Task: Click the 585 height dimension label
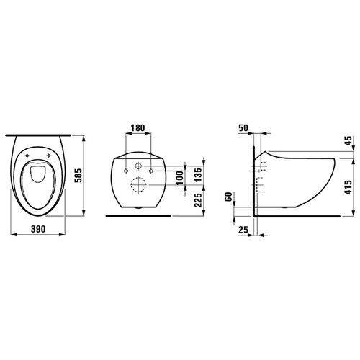[79, 176]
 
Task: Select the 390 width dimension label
[38, 229]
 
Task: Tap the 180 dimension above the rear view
[138, 127]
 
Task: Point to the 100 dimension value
[180, 178]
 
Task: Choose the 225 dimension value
[198, 200]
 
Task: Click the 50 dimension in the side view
[243, 128]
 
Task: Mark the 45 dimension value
[348, 140]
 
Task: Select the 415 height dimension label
[348, 187]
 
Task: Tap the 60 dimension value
[229, 197]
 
